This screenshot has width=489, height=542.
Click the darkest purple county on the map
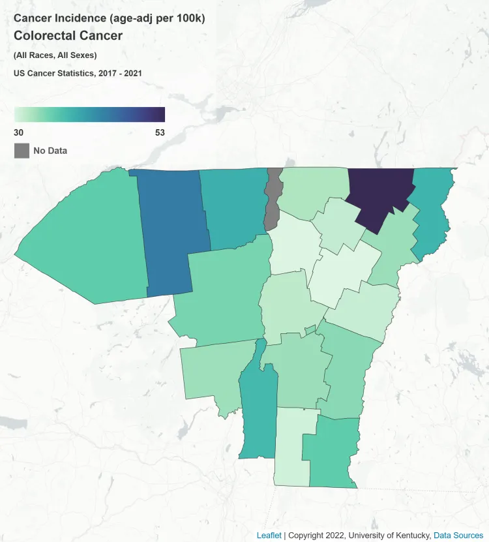click(378, 196)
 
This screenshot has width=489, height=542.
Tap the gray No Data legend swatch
click(22, 151)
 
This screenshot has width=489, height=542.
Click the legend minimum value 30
click(19, 132)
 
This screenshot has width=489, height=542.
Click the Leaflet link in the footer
click(269, 535)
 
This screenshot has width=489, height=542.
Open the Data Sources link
click(458, 535)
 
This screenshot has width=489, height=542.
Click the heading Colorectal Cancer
click(68, 36)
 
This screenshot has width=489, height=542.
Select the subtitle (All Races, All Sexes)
click(55, 55)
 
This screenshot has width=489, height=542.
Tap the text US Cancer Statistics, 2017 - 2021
click(78, 73)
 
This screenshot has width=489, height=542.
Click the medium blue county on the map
click(171, 232)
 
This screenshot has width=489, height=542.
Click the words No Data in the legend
click(50, 151)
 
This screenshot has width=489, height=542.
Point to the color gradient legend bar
click(89, 115)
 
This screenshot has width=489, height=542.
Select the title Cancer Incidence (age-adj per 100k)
click(109, 18)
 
